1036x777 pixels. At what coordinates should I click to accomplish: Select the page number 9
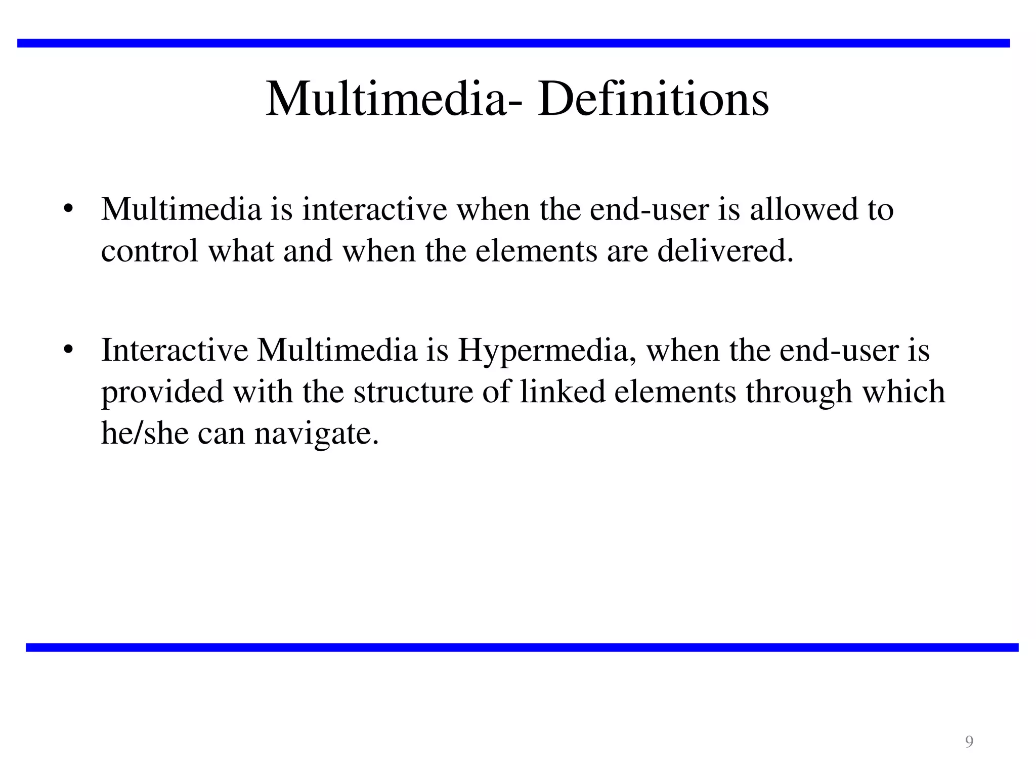point(969,741)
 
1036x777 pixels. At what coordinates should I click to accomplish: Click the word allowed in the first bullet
point(804,209)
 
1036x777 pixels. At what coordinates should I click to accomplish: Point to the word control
point(150,250)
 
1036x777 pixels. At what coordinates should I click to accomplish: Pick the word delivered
point(725,250)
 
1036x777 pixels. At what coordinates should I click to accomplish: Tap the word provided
point(162,392)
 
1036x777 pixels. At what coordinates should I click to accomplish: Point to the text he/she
point(145,433)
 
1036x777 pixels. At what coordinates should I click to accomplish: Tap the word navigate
point(316,434)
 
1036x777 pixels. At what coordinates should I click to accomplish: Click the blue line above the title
point(513,43)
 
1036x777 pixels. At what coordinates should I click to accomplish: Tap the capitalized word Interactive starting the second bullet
point(175,350)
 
